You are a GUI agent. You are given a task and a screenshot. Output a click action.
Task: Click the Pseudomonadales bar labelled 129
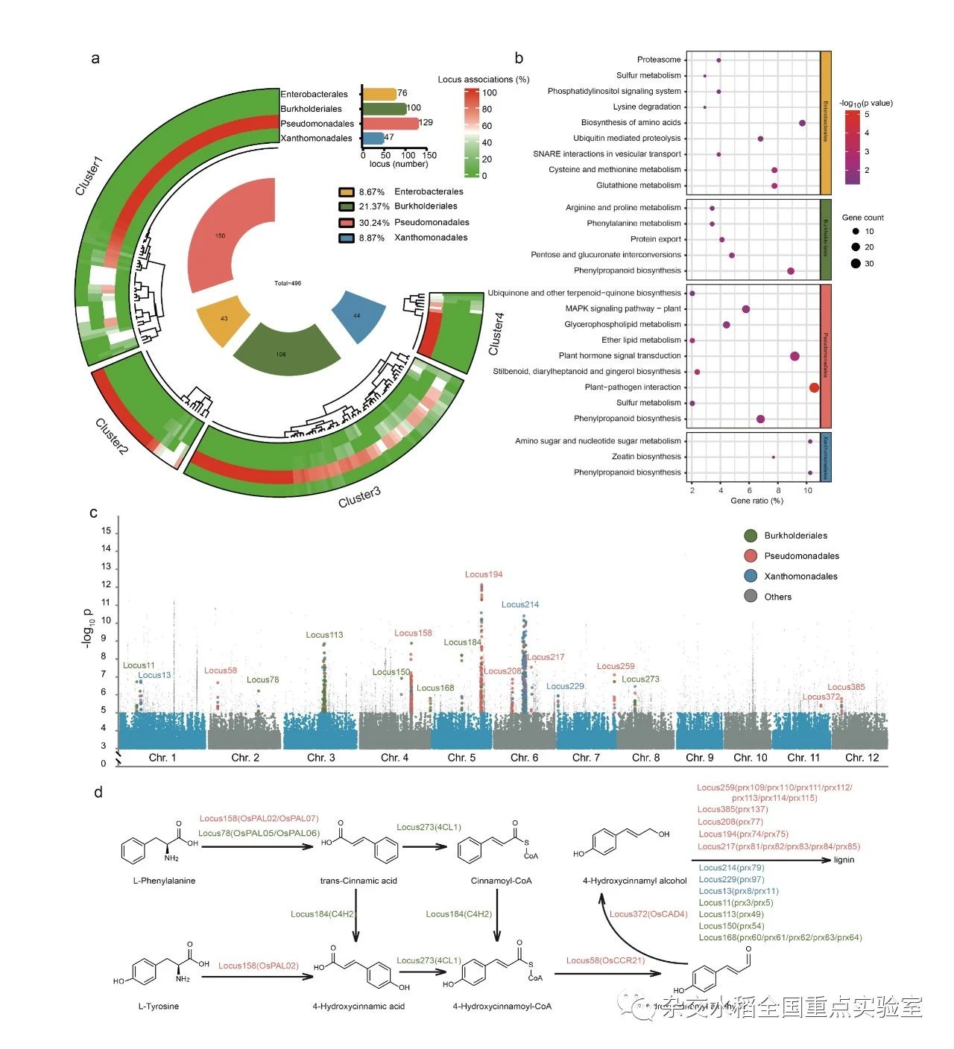pyautogui.click(x=390, y=123)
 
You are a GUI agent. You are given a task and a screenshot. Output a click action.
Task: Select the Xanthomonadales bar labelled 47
pyautogui.click(x=373, y=138)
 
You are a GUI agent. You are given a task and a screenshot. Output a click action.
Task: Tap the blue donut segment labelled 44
pyautogui.click(x=358, y=316)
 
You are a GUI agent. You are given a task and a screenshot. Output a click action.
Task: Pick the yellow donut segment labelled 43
pyautogui.click(x=224, y=319)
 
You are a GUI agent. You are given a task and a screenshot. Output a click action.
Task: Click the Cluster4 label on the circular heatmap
pyautogui.click(x=496, y=334)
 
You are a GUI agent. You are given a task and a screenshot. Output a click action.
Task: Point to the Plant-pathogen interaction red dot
pyautogui.click(x=814, y=387)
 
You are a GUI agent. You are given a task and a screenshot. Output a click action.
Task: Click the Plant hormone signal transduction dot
pyautogui.click(x=795, y=356)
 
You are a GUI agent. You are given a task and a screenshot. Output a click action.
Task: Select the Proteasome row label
pyautogui.click(x=659, y=60)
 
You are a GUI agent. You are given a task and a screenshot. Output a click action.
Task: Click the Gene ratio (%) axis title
pyautogui.click(x=756, y=501)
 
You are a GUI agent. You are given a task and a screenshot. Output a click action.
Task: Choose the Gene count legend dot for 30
pyautogui.click(x=856, y=264)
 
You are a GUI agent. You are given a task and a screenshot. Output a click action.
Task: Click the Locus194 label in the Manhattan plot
pyautogui.click(x=484, y=574)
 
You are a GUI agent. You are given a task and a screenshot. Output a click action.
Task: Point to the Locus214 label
pyautogui.click(x=520, y=604)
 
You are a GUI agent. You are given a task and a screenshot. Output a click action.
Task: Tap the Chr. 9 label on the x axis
pyautogui.click(x=700, y=758)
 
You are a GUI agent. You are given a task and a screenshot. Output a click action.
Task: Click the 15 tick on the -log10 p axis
pyautogui.click(x=106, y=531)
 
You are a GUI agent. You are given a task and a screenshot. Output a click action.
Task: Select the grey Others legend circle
pyautogui.click(x=751, y=597)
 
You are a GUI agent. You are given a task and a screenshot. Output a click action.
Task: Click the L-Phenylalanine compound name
pyautogui.click(x=164, y=881)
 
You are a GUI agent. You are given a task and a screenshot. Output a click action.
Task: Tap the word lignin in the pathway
pyautogui.click(x=844, y=860)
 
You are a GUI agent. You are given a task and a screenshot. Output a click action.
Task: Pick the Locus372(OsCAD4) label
pyautogui.click(x=648, y=914)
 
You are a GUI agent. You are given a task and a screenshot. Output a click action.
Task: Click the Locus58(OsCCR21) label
pyautogui.click(x=605, y=960)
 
